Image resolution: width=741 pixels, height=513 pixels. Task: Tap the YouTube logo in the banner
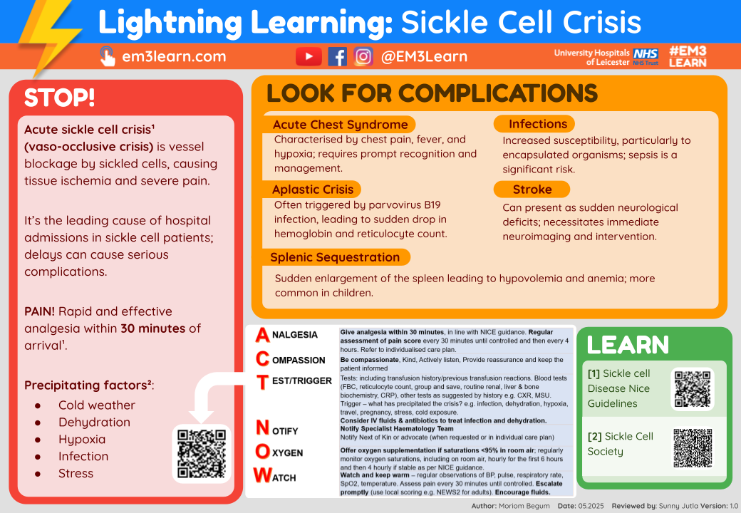[309, 57]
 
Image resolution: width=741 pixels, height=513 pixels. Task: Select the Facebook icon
[337, 57]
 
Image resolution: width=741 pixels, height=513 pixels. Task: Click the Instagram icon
[363, 57]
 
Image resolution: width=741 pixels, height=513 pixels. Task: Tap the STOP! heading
[59, 98]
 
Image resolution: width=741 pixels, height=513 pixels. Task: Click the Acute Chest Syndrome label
[340, 125]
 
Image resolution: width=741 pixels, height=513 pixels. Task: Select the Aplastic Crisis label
[313, 189]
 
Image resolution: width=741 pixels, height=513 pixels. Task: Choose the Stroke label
[532, 189]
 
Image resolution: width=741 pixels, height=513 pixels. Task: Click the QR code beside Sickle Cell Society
[693, 447]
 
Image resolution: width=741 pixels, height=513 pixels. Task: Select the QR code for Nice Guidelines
[693, 389]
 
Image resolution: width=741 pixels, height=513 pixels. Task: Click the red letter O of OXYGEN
[262, 452]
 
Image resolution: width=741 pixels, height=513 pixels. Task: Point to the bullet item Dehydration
[94, 422]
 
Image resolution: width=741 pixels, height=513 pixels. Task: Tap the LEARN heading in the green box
[627, 345]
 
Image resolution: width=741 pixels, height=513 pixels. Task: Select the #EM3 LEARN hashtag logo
[688, 56]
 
